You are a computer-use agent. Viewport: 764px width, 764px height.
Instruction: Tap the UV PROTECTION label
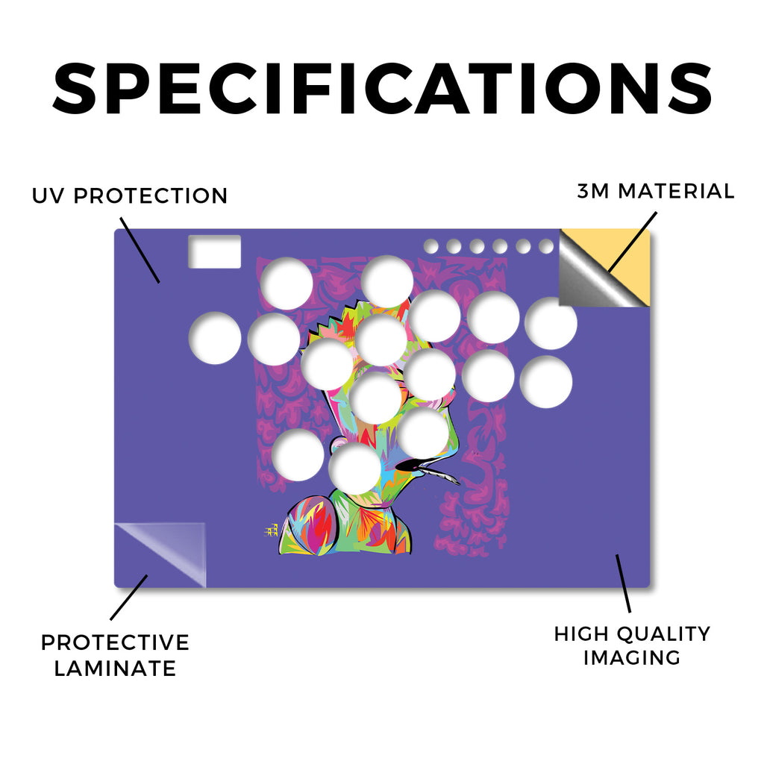pos(130,196)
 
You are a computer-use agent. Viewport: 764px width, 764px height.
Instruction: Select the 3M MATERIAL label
pos(655,191)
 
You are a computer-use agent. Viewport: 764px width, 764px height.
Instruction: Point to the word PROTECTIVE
pos(115,642)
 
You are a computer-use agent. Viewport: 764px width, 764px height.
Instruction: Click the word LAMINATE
pos(115,668)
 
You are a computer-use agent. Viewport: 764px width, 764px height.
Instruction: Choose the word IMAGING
pos(632,658)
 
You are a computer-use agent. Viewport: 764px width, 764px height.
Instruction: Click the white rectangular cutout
pos(215,251)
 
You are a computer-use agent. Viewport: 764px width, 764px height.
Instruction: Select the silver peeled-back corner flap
pos(592,281)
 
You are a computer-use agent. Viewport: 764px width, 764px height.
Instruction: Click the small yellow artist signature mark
pos(271,530)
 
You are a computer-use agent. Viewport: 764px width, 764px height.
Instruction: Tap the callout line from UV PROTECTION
pos(140,250)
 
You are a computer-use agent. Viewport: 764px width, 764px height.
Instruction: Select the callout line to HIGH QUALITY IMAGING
pos(623,583)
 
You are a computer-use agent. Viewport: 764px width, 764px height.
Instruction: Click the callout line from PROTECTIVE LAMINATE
pos(128,598)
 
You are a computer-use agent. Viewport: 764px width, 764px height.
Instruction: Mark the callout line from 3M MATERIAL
pos(633,242)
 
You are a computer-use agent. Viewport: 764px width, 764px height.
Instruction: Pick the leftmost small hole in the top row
pos(430,246)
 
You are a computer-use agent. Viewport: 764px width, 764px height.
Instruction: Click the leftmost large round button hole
pos(215,338)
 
